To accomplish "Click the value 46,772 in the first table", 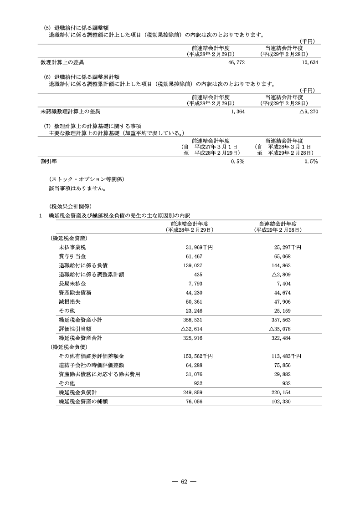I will (x=236, y=62).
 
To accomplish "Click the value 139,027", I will (x=192, y=265).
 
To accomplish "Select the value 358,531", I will (x=192, y=320).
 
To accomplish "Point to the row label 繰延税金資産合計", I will (x=81, y=338).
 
